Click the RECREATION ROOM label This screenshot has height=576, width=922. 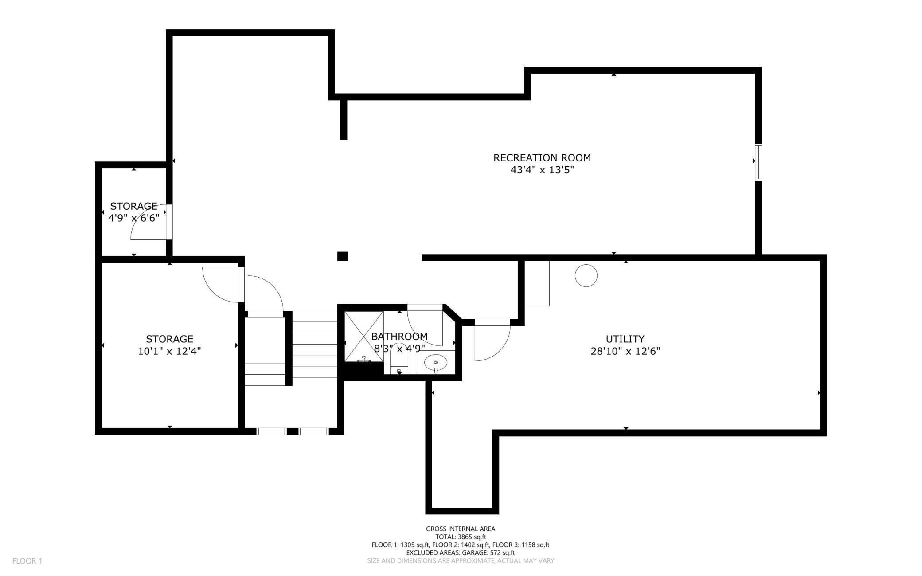542,157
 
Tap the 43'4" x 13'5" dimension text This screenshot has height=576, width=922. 542,170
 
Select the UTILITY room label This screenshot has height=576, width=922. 625,339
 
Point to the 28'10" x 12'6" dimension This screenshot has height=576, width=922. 625,351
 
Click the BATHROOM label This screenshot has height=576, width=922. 399,336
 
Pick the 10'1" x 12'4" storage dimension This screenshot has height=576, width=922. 169,351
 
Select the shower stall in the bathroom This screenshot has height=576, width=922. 364,337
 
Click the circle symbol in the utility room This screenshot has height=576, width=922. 586,275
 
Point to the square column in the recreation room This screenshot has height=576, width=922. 342,256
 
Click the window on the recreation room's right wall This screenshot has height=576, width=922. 758,162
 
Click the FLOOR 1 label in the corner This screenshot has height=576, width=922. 27,561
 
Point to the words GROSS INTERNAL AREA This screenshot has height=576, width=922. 461,529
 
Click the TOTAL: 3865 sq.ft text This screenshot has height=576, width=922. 461,537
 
